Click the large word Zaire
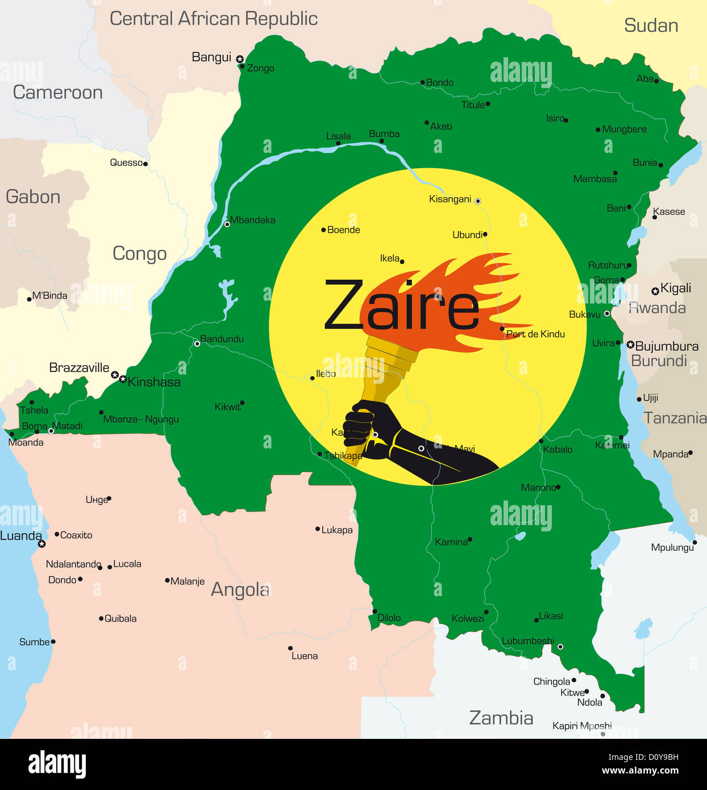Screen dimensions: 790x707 coord(401,306)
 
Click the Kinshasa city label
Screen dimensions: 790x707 coord(154,382)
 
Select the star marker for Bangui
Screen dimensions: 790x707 coord(240,59)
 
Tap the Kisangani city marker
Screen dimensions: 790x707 coord(478,201)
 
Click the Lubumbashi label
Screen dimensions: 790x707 coord(527,641)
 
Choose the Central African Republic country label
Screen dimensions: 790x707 coord(213,19)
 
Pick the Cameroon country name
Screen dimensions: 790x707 coord(57,92)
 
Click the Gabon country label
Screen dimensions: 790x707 coord(33,197)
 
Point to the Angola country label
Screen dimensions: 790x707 coord(240,590)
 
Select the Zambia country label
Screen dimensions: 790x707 coord(501,718)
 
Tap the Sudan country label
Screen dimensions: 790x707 coord(651,26)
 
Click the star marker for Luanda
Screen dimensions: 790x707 coord(41,544)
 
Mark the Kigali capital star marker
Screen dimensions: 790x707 coord(655,291)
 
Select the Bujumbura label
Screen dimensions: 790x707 coord(667,346)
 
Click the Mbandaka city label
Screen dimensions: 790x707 coord(253,220)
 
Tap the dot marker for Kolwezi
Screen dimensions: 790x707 coord(486,612)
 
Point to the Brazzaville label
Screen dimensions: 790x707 coord(79,368)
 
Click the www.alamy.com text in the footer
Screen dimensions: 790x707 coord(640,771)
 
